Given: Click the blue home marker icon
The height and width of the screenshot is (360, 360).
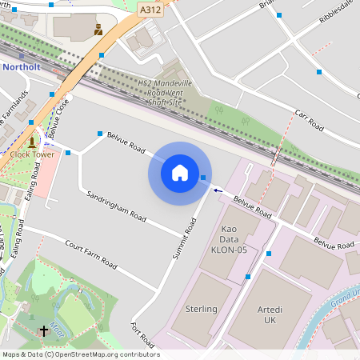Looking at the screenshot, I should [x=180, y=173].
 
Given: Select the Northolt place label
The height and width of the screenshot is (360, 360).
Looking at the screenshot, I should [x=21, y=67].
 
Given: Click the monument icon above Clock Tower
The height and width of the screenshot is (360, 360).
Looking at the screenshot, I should [x=32, y=142].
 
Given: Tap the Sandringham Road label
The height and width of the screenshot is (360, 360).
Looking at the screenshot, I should [x=117, y=206].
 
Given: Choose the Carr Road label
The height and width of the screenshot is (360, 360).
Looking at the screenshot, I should [x=308, y=121].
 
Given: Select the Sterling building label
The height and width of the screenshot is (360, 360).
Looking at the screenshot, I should [x=201, y=309].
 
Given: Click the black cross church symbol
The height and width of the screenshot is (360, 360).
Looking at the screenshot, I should [x=44, y=330].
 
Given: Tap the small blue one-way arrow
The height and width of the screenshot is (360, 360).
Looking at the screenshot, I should [x=218, y=190].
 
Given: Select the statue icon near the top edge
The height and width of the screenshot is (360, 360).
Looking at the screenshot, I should [x=98, y=30].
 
